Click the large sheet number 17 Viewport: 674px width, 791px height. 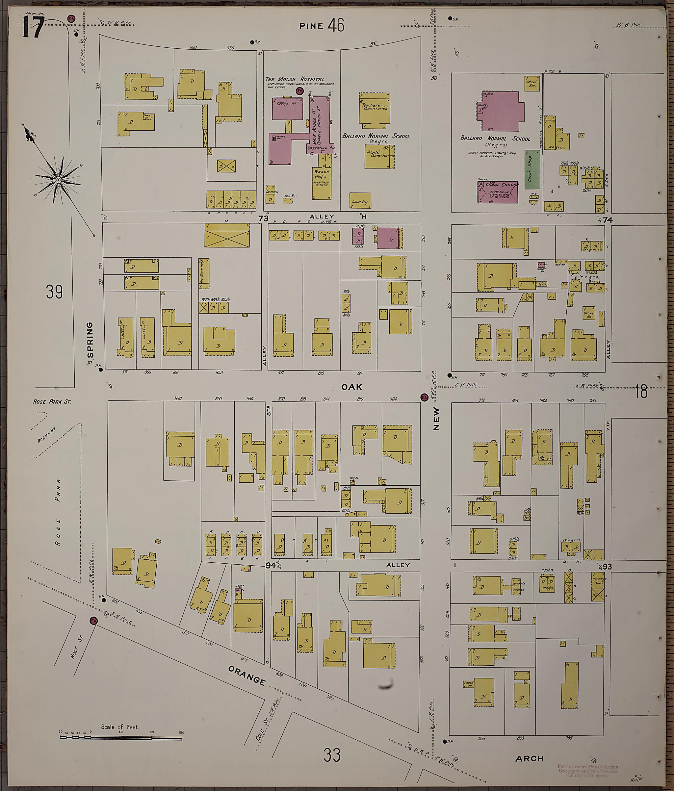pyautogui.click(x=33, y=28)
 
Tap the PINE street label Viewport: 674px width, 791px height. pyautogui.click(x=311, y=26)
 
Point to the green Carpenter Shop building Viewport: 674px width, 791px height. pyautogui.click(x=532, y=169)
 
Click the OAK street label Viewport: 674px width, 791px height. pyautogui.click(x=351, y=387)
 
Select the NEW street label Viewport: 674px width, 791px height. pyautogui.click(x=436, y=419)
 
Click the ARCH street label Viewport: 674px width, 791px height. pyautogui.click(x=531, y=758)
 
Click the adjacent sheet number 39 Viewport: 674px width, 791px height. pyautogui.click(x=54, y=292)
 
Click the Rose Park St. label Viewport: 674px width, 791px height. pyautogui.click(x=52, y=402)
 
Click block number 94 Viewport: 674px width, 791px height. pyautogui.click(x=271, y=565)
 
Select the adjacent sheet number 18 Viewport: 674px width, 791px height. pyautogui.click(x=641, y=392)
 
